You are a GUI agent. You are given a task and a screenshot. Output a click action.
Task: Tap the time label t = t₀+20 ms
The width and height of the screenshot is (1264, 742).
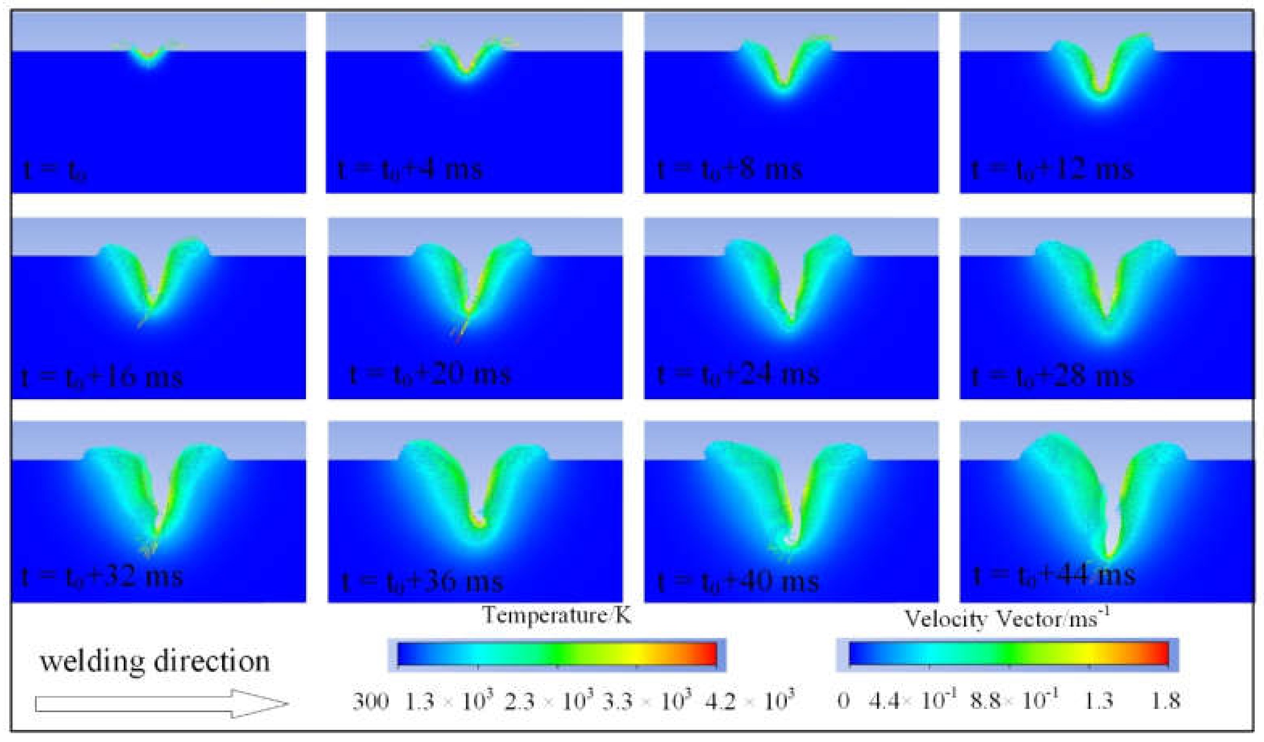(x=430, y=375)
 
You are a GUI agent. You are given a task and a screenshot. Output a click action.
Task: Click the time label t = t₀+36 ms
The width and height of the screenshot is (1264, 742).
(x=422, y=582)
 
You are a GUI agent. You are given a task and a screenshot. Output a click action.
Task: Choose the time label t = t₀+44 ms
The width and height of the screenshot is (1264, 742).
(x=1053, y=574)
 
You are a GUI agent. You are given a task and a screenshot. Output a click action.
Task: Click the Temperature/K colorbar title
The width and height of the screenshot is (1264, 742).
(x=557, y=615)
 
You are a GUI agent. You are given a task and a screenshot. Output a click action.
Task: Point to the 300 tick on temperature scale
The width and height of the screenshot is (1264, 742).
(x=370, y=701)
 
